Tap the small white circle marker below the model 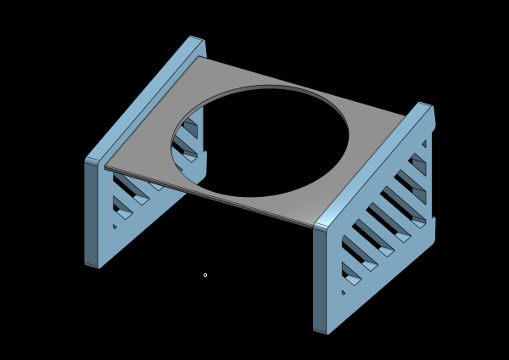[205, 275]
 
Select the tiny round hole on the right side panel [344, 292]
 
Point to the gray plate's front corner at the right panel [316, 224]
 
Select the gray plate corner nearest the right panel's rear [406, 116]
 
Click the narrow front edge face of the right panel [320, 280]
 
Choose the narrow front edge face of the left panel [91, 212]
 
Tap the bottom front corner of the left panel [98, 267]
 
